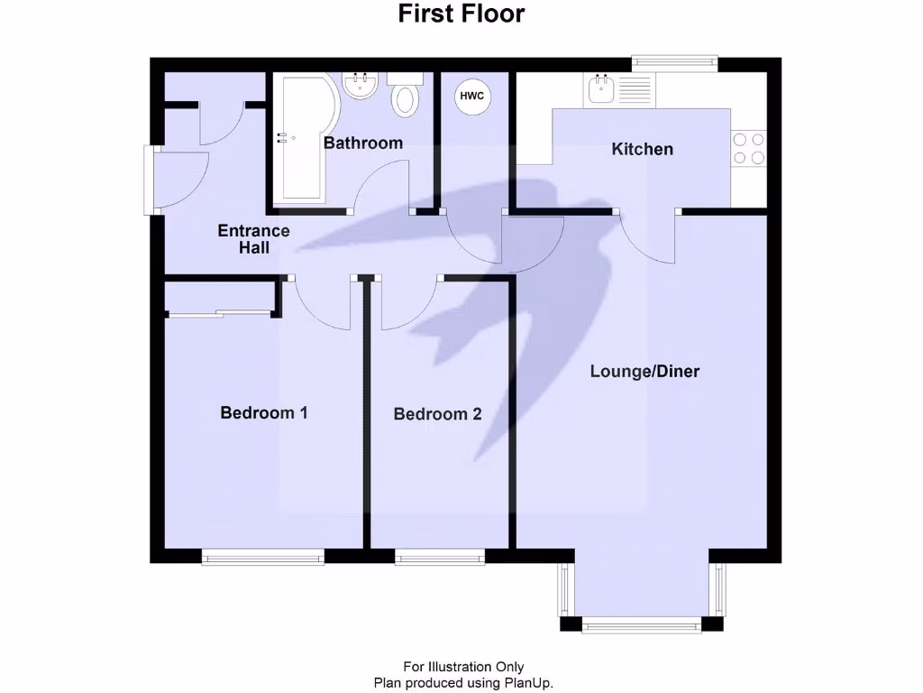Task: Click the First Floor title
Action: pos(461,14)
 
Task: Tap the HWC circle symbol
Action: pos(472,96)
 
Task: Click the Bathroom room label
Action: pos(363,143)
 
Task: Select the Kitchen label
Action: pos(643,149)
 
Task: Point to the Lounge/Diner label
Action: pos(645,371)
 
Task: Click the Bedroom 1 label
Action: pos(264,412)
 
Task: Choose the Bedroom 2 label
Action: pos(437,414)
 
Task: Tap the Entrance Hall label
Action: pos(254,238)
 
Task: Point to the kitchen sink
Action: pos(600,89)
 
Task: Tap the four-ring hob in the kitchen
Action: pos(748,148)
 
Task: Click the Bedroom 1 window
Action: pos(263,557)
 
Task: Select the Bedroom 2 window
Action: pos(440,557)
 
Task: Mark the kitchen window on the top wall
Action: pos(675,63)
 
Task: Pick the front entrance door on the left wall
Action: pos(151,180)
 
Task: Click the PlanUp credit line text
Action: pos(462,682)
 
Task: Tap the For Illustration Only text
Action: pos(462,668)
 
